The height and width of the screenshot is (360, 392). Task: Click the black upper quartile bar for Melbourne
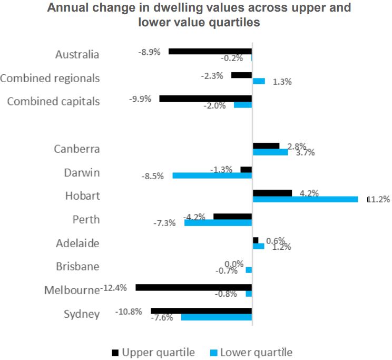coord(193,288)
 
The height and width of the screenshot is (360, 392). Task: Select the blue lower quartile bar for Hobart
coord(305,199)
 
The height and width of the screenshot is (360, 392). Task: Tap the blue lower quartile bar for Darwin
coord(212,176)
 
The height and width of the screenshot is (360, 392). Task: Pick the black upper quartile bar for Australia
coord(210,52)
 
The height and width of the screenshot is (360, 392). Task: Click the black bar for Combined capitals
coord(205,99)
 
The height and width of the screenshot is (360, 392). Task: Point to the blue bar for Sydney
coord(216,317)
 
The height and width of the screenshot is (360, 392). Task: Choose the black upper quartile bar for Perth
coord(232,217)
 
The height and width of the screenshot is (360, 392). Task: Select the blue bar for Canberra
coord(270,152)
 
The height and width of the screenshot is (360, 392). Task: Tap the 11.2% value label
coord(378,199)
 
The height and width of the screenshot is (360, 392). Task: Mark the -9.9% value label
coord(141,99)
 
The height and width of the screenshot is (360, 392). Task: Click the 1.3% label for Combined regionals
coord(282,82)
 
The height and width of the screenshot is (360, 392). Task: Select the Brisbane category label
coord(77,267)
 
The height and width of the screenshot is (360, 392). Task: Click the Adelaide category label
coord(77,244)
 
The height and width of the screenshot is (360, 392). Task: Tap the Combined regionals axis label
coord(50,78)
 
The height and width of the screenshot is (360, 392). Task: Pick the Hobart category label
coord(82,196)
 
